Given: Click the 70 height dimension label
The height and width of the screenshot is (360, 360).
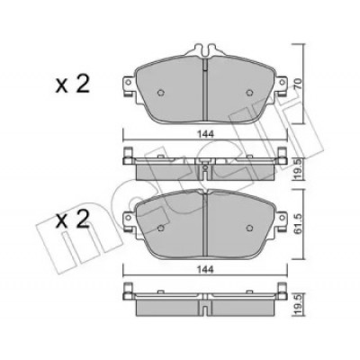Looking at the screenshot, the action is (297, 83).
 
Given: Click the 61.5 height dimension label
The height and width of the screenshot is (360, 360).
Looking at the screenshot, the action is (297, 223).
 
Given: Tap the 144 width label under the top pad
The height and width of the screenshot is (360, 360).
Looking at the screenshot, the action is (205, 134).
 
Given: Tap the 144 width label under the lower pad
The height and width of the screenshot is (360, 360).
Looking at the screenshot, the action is (205, 270).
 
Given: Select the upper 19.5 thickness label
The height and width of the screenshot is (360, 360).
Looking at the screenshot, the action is (297, 169).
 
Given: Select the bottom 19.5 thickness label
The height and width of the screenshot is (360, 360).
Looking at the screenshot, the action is (297, 305).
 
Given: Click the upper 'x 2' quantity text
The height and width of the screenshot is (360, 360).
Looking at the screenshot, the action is (72, 84).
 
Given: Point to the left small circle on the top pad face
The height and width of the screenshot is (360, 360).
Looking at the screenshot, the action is (161, 93).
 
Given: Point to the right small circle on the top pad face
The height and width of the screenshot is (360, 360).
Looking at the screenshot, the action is (249, 93).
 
